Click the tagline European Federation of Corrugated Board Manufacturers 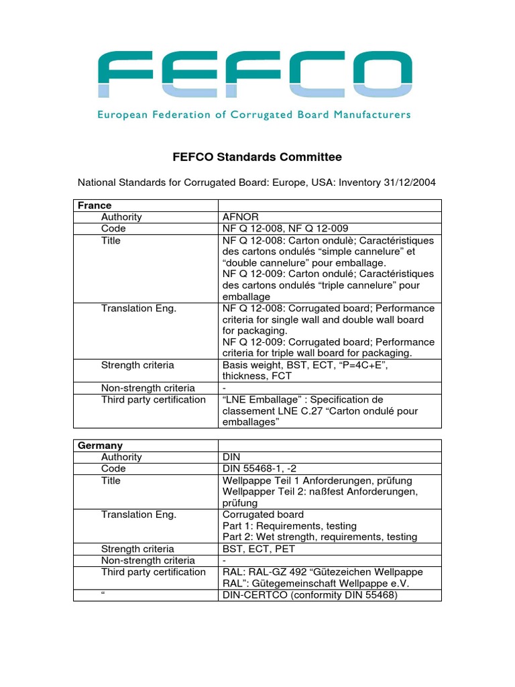(x=254, y=115)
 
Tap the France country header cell (x=95, y=205)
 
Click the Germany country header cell (x=101, y=445)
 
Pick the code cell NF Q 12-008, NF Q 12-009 (x=286, y=229)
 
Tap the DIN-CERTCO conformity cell (x=310, y=594)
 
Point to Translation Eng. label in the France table (x=139, y=309)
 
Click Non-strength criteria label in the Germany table (x=148, y=560)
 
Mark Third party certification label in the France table (x=154, y=400)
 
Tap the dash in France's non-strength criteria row (x=224, y=388)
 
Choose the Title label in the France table (x=111, y=240)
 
